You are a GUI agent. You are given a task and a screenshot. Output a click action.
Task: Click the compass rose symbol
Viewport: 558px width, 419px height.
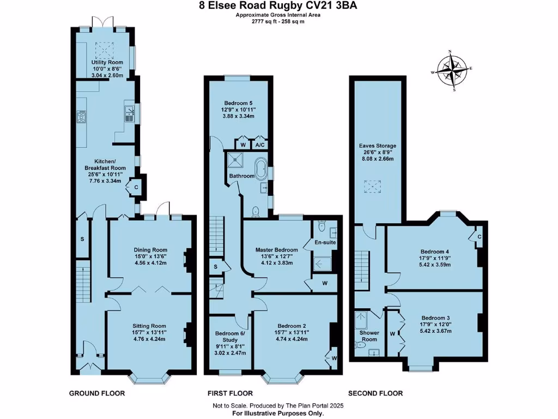451,70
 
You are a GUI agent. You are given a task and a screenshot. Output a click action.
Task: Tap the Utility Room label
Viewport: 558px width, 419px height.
107,63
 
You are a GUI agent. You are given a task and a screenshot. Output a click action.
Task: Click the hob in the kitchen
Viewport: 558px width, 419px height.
82,116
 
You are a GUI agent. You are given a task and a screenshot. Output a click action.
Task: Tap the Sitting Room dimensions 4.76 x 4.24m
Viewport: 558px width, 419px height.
149,338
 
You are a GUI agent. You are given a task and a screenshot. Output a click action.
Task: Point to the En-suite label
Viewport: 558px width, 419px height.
325,242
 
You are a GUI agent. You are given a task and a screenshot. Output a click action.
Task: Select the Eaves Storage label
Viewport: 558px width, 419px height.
377,146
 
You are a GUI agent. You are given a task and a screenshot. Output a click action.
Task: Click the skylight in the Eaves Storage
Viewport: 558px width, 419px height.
373,187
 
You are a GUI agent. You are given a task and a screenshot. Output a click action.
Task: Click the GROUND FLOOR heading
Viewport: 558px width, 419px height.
97,393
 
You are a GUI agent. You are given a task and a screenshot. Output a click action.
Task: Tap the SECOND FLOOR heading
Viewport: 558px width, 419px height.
375,393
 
